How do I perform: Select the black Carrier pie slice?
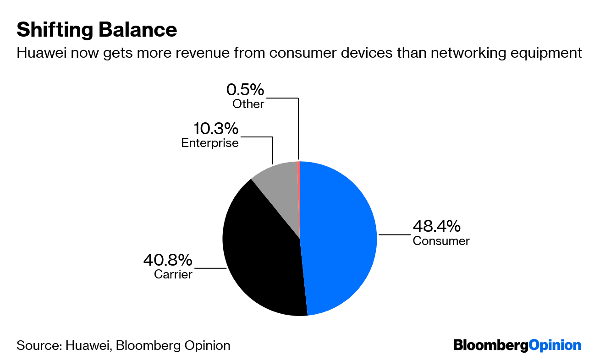261,256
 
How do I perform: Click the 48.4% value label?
436,226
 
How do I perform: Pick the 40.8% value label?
167,261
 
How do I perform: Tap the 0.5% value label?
245,89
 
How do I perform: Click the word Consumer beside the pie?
441,241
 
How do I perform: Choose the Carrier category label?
173,275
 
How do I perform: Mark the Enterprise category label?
210,143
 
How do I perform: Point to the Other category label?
248,104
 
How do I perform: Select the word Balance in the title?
133,30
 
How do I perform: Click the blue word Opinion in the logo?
555,345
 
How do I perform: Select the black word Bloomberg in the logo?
490,345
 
